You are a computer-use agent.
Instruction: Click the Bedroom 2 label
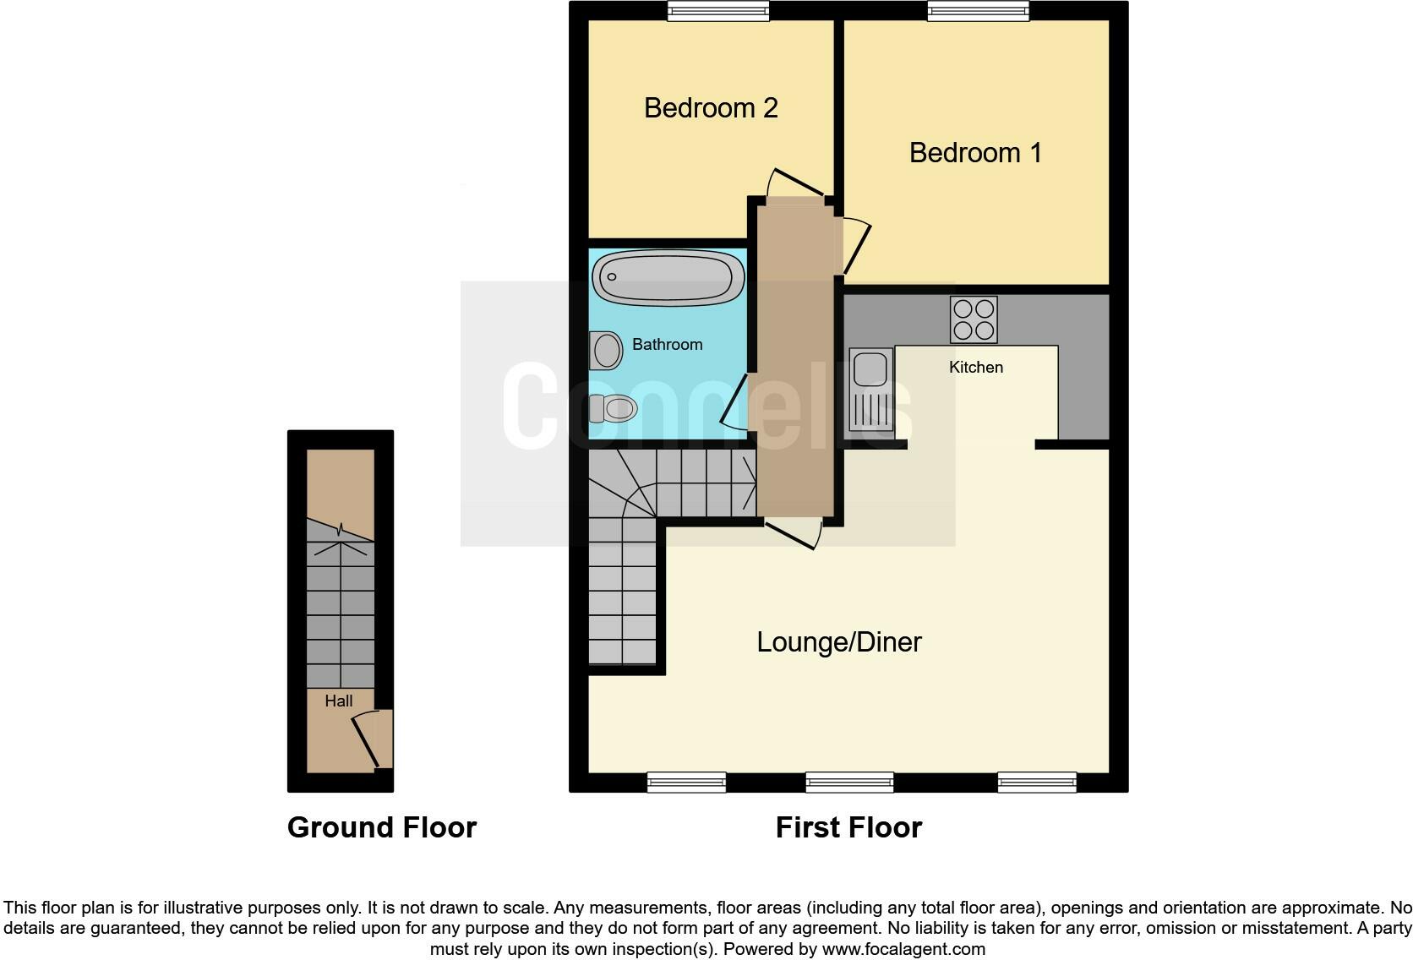710,108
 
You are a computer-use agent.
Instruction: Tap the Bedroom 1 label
975,153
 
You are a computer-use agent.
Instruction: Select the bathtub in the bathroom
668,276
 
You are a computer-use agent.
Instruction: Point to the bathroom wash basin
606,350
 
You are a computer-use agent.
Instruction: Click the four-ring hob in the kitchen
974,319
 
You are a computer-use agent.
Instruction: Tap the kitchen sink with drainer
870,390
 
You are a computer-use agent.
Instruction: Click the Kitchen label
976,368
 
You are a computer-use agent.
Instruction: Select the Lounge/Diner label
838,642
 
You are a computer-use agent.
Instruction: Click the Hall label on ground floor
338,701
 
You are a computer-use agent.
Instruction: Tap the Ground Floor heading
382,827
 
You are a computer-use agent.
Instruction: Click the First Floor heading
848,827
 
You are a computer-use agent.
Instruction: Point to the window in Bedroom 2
717,10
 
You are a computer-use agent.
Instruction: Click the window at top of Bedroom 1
978,10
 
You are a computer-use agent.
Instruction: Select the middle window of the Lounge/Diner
849,783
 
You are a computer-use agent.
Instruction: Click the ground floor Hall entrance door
370,739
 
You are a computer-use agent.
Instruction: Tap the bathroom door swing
734,401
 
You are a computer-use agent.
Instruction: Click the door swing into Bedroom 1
855,245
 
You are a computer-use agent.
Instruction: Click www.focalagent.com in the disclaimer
903,949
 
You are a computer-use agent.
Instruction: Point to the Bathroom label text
667,345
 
